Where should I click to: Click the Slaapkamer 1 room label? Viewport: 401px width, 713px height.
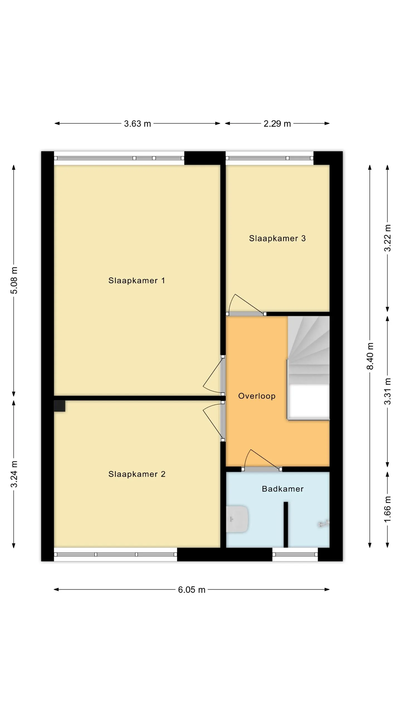136,280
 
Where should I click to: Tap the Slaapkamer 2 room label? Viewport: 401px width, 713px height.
137,474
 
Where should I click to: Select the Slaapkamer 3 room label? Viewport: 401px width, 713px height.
277,238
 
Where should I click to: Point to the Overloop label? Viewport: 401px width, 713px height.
257,396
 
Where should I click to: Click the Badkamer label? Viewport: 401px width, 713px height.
283,489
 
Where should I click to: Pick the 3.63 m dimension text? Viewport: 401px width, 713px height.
137,124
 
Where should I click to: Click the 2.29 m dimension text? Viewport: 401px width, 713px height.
277,124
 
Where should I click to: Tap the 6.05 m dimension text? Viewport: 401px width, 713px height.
192,590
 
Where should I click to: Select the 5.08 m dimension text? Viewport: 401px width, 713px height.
14,280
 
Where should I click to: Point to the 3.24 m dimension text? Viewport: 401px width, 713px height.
14,474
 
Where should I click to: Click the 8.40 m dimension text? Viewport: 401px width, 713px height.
370,356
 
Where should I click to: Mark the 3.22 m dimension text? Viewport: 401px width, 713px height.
387,238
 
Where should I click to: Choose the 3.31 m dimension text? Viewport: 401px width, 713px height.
387,391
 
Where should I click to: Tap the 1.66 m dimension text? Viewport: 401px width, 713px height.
387,509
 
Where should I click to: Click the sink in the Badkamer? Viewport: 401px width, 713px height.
237,519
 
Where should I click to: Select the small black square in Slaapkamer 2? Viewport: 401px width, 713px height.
60,406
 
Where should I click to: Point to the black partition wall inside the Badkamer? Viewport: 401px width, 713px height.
286,525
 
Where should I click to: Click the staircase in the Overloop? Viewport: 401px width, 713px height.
309,368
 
